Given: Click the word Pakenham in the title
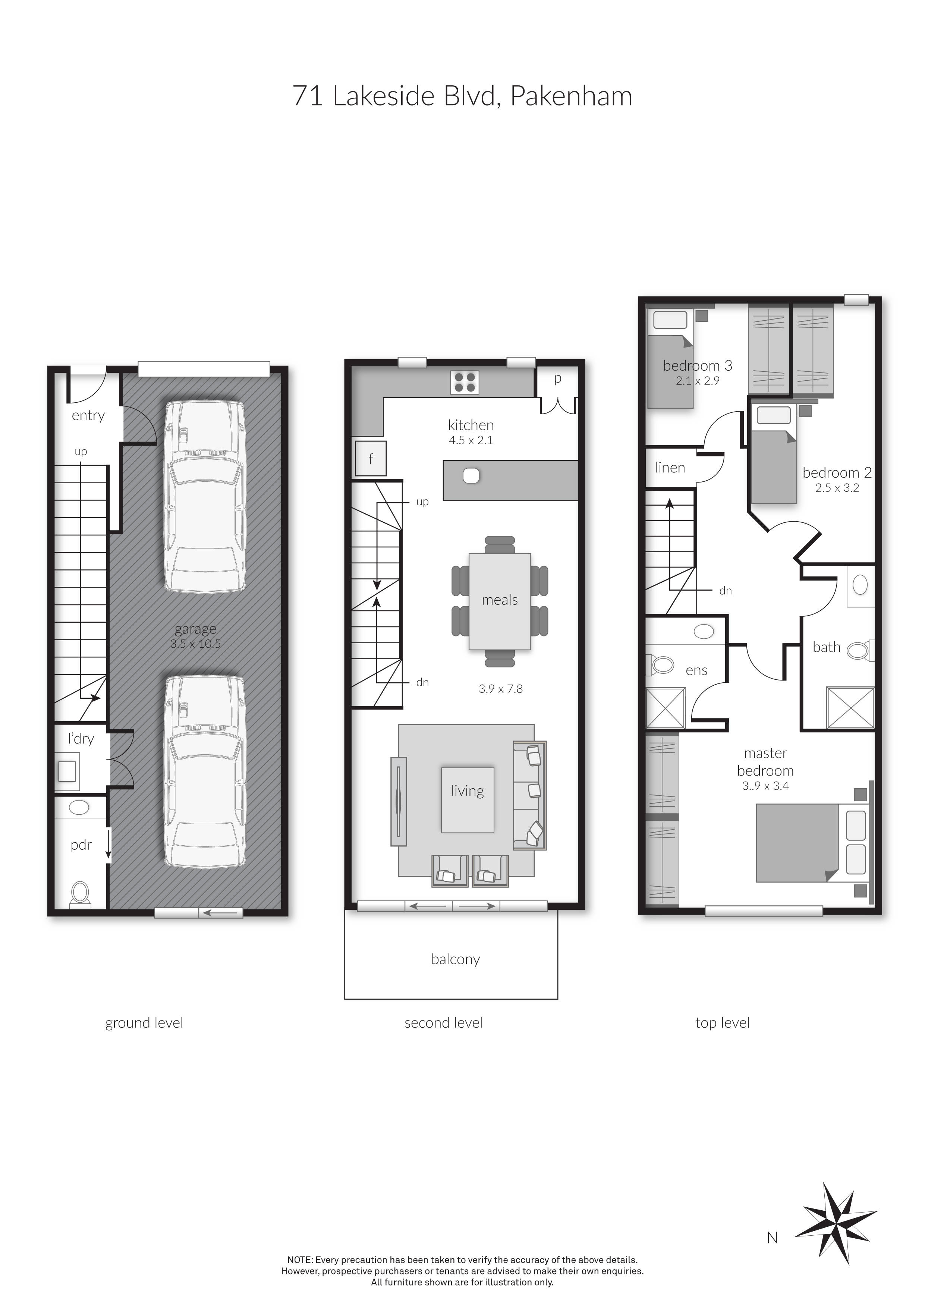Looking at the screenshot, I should point(571,96).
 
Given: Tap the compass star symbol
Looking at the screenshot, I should point(836,1223).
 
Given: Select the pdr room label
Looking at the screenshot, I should point(81,845).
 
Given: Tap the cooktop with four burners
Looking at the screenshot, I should point(464,382).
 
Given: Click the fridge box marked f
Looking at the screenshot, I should point(370,459).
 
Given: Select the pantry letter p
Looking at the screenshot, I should point(558,378).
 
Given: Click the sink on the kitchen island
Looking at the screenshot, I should point(471,476).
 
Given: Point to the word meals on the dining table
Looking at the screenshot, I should point(500,600).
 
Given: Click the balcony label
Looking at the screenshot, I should point(455,959).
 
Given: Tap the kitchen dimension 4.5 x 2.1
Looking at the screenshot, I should point(471,440).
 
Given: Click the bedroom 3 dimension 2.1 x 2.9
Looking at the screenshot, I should point(697,381).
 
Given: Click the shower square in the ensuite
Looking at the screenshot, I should point(665,708).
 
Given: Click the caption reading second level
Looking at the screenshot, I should point(443,1023).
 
